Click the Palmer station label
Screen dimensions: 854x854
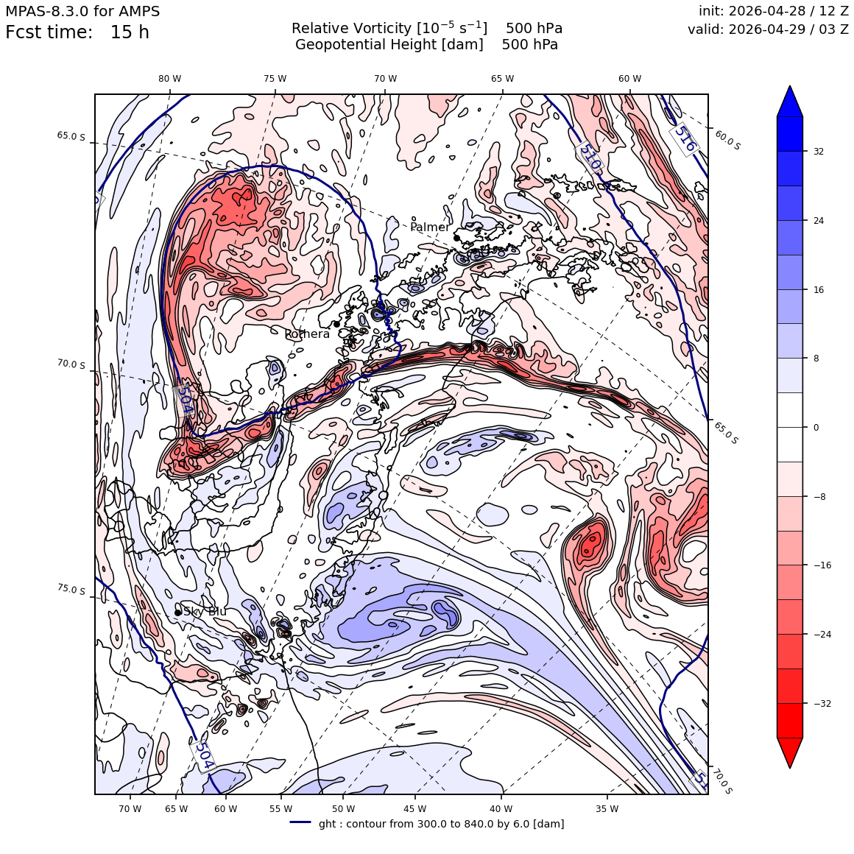click(430, 227)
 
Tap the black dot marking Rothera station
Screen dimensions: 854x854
click(336, 324)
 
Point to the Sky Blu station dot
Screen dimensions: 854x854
click(178, 613)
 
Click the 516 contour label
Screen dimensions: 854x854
click(685, 139)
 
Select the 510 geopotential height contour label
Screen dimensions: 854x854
click(590, 156)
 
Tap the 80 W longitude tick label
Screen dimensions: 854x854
click(170, 79)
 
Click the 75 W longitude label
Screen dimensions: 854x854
click(275, 79)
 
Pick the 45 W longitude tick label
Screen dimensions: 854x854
click(415, 809)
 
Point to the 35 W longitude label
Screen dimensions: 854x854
click(607, 809)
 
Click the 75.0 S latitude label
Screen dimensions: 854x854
click(71, 589)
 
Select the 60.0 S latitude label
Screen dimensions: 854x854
click(727, 141)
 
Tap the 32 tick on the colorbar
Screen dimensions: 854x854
click(819, 152)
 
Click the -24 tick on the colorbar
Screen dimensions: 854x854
click(821, 635)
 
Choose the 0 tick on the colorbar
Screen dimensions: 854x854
click(816, 428)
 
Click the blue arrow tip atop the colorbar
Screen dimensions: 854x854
click(790, 87)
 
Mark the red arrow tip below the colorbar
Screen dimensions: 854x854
click(790, 767)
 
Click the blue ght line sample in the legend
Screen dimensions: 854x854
click(300, 822)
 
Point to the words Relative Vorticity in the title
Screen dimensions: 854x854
click(351, 28)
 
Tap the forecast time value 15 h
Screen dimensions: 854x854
click(130, 32)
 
